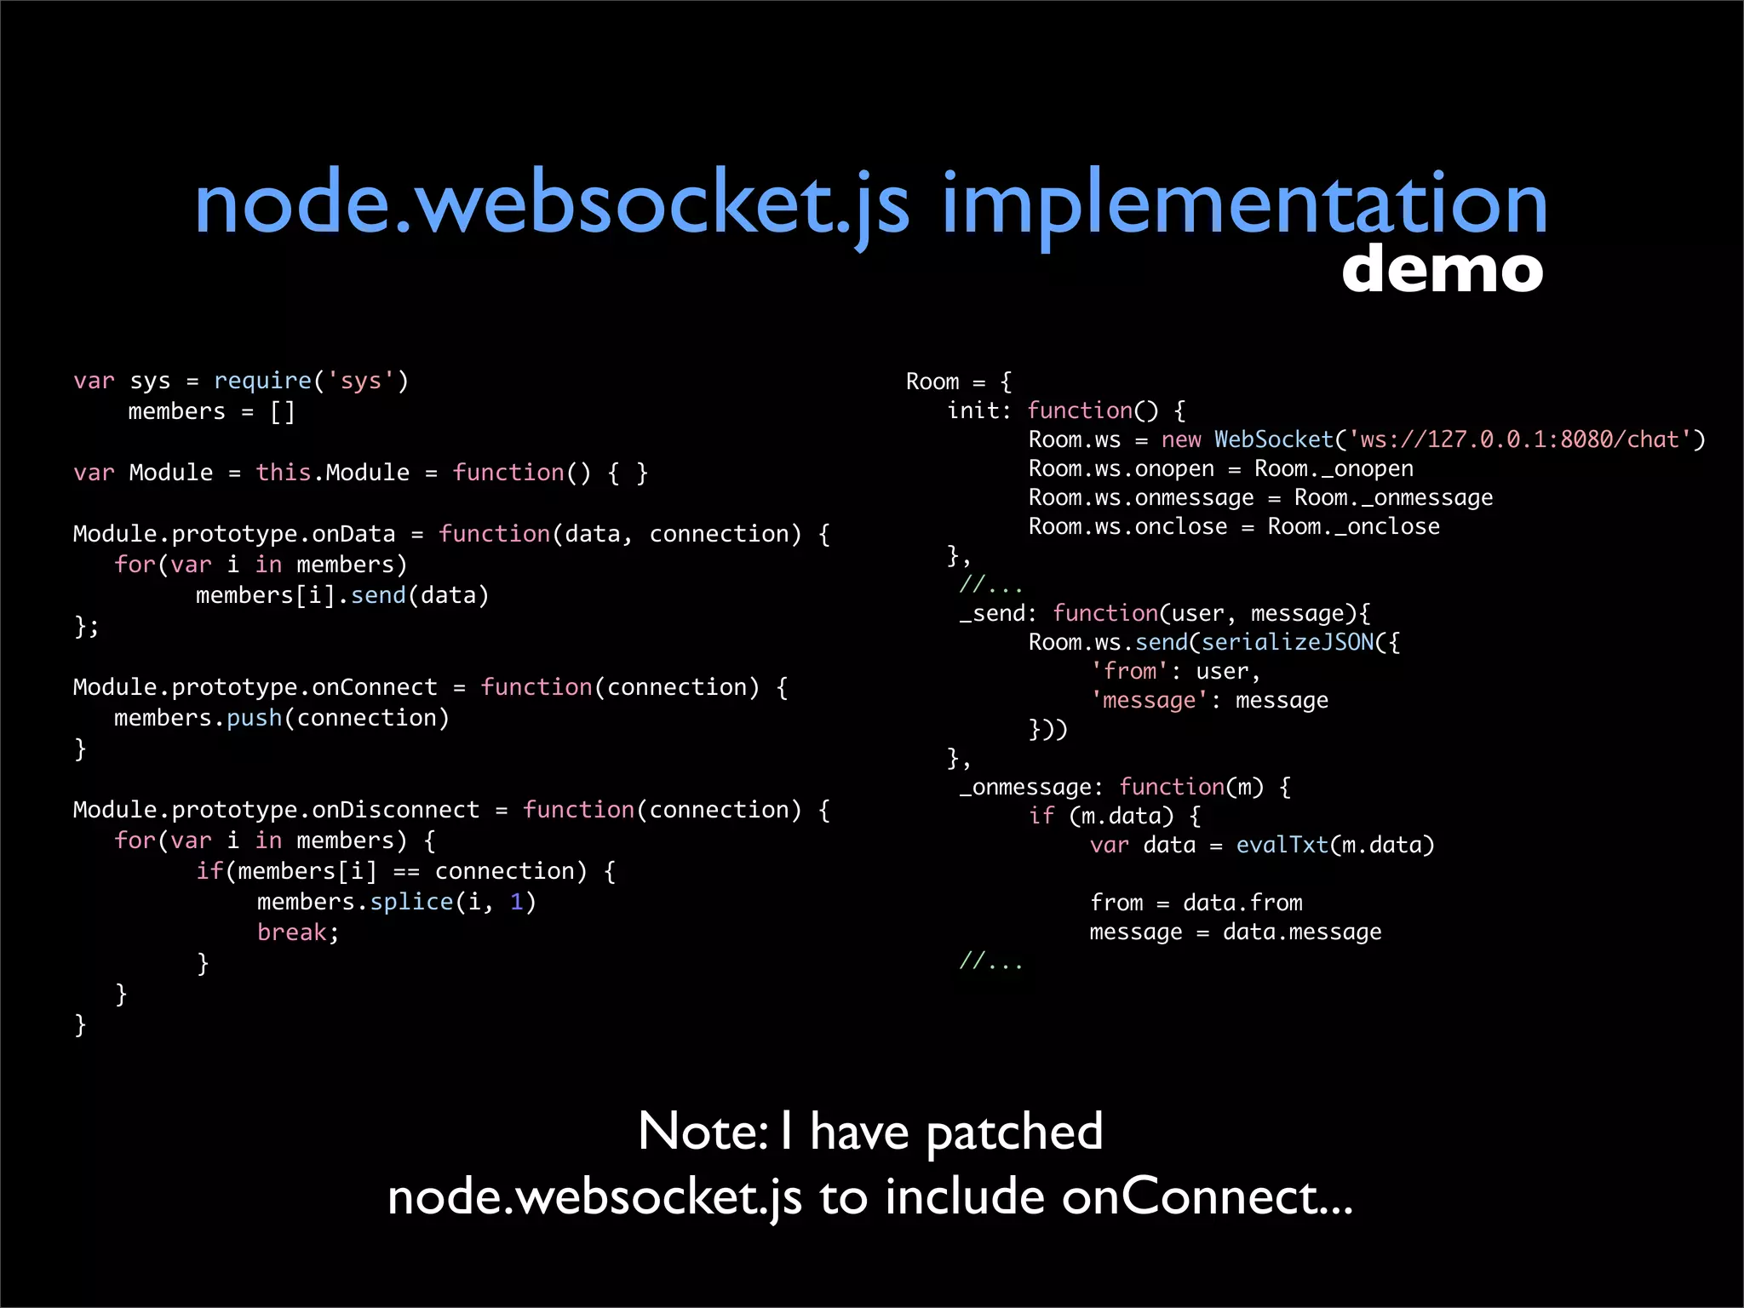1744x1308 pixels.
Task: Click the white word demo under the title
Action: pos(1442,269)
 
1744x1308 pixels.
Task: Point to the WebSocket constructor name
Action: pos(1273,439)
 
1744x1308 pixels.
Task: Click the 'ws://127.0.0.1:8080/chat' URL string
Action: pos(1520,439)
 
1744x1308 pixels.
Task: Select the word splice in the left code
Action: pos(411,901)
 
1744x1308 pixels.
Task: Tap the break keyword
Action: pos(291,932)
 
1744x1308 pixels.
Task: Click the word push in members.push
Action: pos(254,718)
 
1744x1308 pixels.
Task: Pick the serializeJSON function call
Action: pos(1288,642)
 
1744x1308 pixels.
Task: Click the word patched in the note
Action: pos(1014,1133)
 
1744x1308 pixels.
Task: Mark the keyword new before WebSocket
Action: pos(1181,439)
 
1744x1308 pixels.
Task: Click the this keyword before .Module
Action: pos(284,472)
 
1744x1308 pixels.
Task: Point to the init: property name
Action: pos(978,410)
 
